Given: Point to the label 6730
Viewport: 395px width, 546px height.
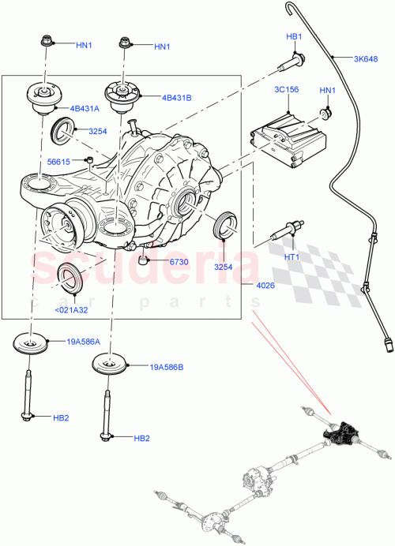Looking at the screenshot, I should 178,261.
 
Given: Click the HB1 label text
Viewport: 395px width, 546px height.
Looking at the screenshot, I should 294,37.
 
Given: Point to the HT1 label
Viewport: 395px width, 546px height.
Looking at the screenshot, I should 292,257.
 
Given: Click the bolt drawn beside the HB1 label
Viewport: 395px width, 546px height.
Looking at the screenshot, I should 291,58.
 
